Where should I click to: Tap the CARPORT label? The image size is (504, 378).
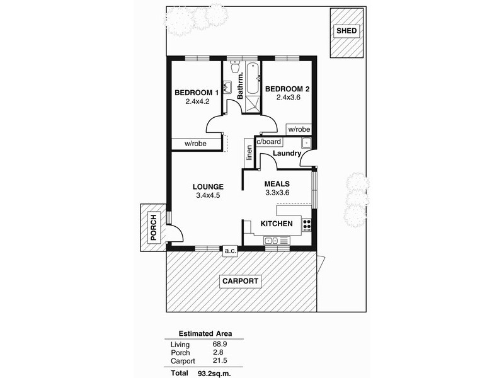239,282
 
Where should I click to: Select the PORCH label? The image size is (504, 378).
153,227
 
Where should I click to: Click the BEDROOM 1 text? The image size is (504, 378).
197,93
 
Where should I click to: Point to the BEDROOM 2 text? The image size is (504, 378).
287,89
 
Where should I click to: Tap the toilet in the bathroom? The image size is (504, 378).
234,67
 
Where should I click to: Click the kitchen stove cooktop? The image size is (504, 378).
307,225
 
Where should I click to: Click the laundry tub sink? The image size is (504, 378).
305,143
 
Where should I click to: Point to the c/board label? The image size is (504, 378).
268,142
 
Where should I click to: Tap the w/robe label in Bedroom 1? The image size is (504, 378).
197,144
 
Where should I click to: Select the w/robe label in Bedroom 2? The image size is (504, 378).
299,129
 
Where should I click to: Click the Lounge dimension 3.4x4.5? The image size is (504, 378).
209,196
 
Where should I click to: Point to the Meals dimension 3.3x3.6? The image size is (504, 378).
277,193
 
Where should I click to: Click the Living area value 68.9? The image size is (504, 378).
220,345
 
